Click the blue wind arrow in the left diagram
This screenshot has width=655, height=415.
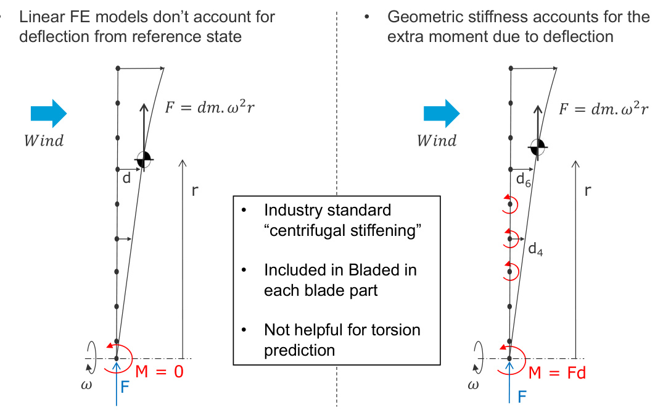pos(48,113)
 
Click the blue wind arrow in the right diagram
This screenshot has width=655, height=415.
pos(441,114)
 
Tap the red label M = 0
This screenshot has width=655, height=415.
pos(160,372)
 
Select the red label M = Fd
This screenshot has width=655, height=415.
pos(557,372)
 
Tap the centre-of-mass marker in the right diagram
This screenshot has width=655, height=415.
pos(538,146)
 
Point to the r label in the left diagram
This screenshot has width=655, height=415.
pos(195,191)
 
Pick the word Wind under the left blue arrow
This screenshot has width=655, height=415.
pos(44,140)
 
